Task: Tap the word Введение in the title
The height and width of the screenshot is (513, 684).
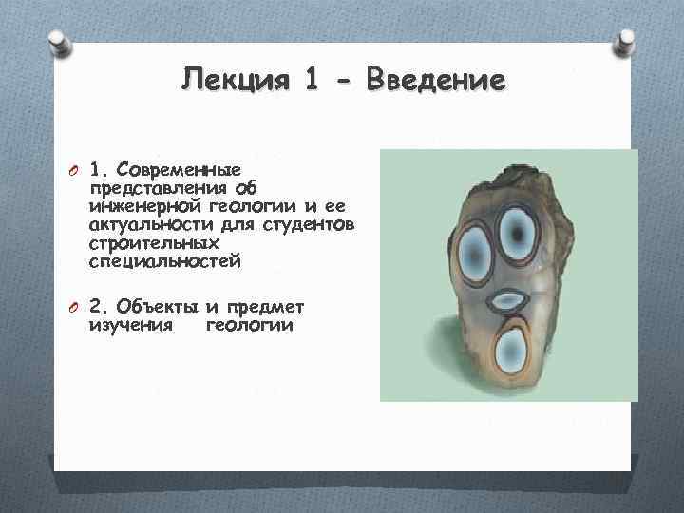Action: point(444,81)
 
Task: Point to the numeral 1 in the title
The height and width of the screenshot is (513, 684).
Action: point(313,81)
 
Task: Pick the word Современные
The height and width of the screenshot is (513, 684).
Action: point(177,172)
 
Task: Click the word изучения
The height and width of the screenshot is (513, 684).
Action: point(130,325)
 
